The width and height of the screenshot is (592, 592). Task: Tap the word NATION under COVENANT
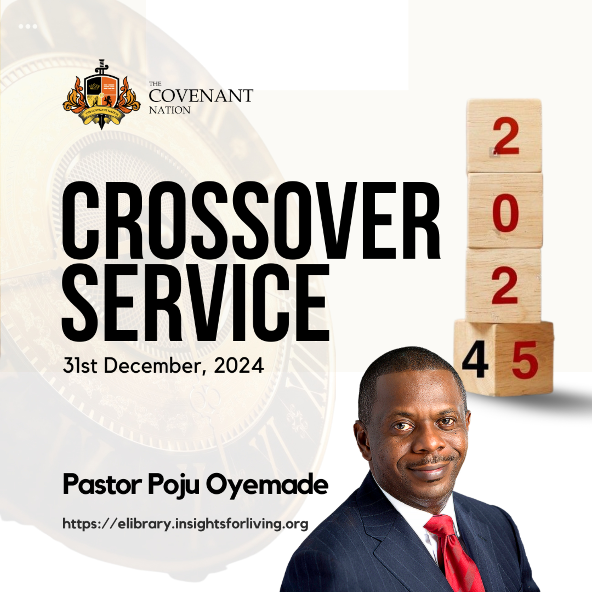tap(170, 110)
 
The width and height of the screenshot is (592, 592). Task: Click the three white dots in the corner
tap(28, 26)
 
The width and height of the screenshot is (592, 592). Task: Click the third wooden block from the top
tap(503, 286)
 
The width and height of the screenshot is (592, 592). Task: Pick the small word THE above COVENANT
tap(155, 84)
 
